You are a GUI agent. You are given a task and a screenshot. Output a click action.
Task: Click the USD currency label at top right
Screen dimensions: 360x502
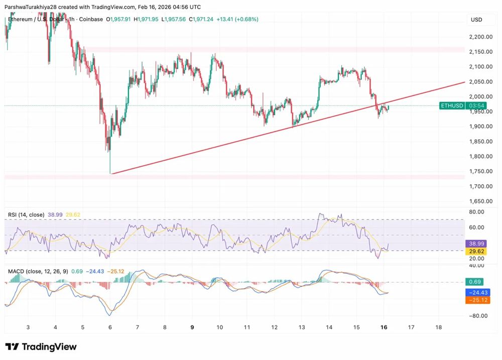click(475, 20)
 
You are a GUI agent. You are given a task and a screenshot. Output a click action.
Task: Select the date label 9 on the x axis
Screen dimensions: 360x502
click(192, 327)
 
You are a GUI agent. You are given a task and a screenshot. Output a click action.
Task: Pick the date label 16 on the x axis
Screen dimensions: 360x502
click(384, 327)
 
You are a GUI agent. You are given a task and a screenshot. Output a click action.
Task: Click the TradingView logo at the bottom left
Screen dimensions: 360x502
click(41, 347)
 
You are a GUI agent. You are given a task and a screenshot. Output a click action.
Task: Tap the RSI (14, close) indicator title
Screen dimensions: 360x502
click(25, 215)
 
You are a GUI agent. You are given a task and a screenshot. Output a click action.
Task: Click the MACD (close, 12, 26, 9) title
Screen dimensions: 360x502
click(38, 272)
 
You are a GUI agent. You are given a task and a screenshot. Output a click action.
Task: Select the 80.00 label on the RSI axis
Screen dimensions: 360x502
click(476, 212)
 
